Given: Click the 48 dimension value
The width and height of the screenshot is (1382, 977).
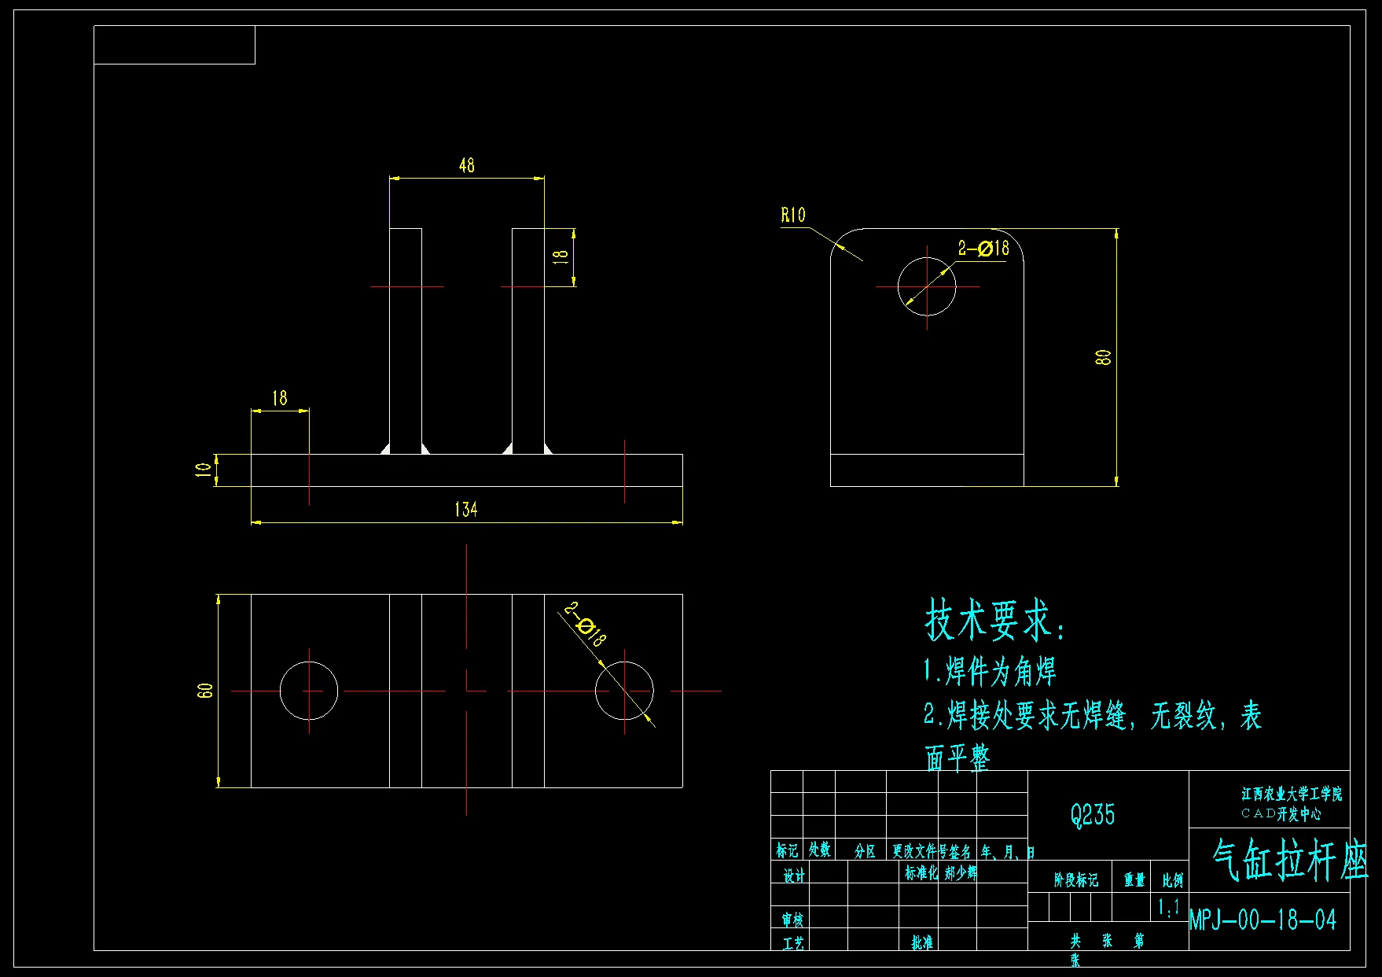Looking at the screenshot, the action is pos(466,165).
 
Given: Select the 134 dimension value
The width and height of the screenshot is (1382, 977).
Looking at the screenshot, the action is pos(465,509).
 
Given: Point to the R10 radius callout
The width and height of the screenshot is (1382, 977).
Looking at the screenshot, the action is pos(793,215).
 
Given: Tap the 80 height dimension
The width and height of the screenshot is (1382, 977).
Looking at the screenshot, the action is pos(1103,357).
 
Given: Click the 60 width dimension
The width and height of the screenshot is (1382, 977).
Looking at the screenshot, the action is pos(204,691).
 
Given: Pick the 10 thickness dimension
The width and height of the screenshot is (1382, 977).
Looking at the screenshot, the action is pos(203,470).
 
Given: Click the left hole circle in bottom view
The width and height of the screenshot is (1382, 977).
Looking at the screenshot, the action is pos(309,691).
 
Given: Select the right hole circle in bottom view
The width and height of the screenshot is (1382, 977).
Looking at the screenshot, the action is pos(624,691).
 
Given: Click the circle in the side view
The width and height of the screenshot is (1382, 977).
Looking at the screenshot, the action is pos(927,286).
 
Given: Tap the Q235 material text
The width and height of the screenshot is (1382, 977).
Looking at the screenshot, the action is pos(1093,815).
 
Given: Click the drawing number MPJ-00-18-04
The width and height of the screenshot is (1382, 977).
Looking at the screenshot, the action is pos(1263,920).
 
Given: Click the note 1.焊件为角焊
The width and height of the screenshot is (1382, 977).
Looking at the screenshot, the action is pos(990,672).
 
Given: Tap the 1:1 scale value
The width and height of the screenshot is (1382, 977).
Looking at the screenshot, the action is pos(1169,908).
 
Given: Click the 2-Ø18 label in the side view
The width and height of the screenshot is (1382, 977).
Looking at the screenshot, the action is pos(983,249).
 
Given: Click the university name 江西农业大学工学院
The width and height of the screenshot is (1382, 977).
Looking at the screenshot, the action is pos(1292,795).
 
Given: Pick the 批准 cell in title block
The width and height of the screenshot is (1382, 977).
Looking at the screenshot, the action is pos(922,942).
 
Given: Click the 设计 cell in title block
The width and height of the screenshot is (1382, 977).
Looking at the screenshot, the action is pos(794,876).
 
